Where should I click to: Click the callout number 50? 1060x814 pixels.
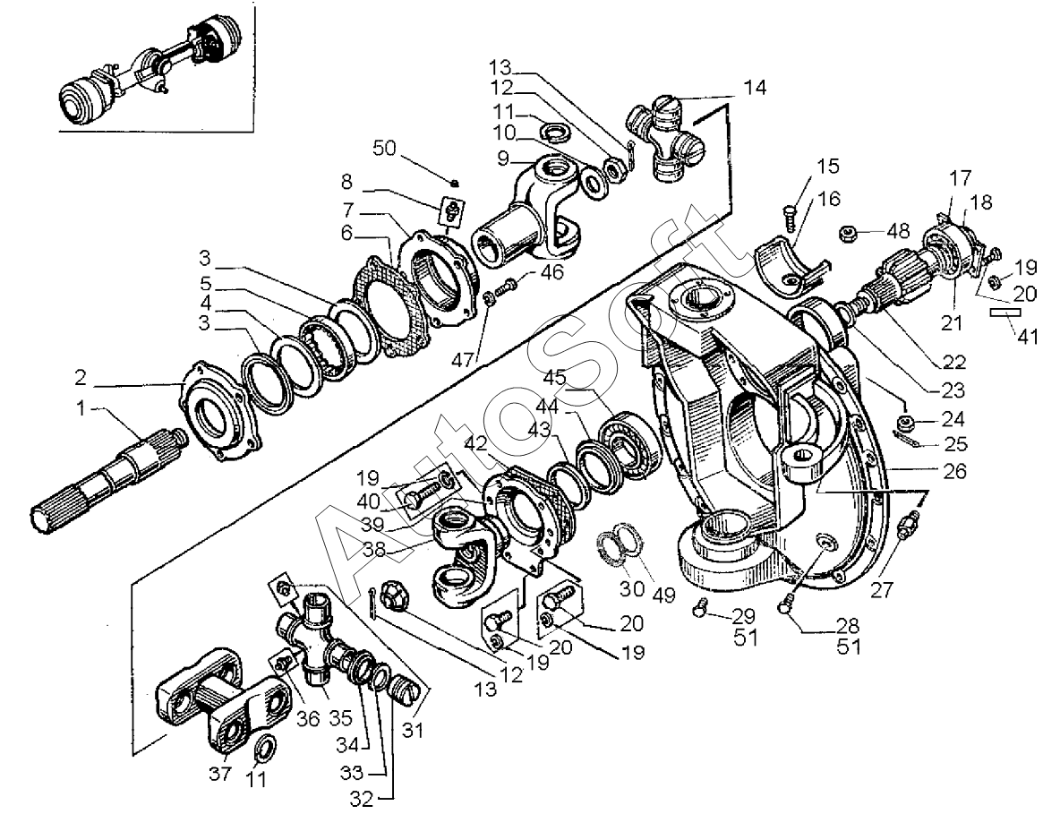384,148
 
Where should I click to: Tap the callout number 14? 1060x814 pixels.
755,88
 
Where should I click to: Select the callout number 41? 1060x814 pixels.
1029,336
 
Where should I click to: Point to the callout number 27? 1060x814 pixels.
882,589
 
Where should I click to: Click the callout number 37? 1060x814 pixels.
219,773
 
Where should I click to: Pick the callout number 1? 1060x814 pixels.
81,408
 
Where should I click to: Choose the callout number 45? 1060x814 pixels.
554,377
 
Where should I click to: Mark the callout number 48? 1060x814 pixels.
899,231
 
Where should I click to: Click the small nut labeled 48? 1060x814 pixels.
849,234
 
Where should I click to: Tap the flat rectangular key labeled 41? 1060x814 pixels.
1005,313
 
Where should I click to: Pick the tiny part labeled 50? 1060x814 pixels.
455,182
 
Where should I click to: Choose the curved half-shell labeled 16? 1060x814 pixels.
789,266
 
